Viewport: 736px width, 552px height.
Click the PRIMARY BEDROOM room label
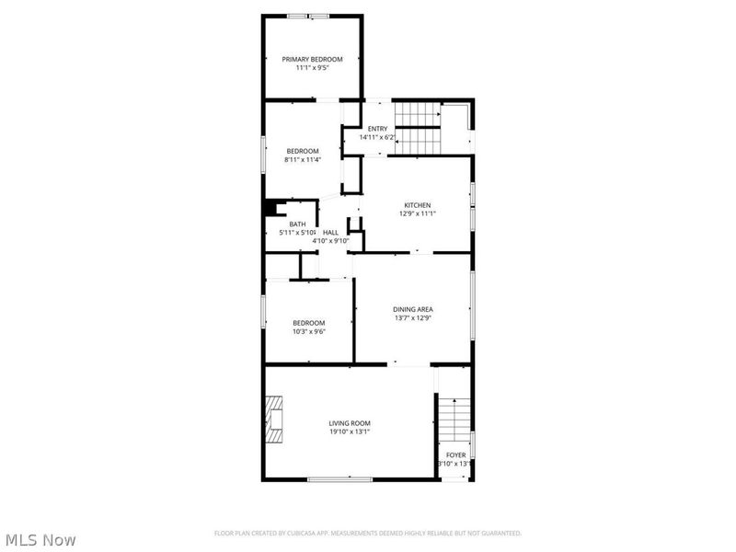click(x=311, y=59)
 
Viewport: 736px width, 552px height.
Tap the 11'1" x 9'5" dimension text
click(x=311, y=67)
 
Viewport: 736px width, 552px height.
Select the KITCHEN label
click(x=417, y=205)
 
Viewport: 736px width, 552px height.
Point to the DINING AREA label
click(x=412, y=309)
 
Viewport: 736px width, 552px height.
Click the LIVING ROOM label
click(x=350, y=423)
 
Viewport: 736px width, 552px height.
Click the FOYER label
click(x=456, y=455)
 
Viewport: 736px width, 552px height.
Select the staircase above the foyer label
click(x=453, y=420)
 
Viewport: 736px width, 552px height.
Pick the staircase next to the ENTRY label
click(x=419, y=128)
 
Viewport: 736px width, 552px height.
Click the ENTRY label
click(x=377, y=129)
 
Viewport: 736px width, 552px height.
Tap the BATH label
click(x=297, y=224)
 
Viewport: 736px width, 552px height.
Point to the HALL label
click(x=329, y=233)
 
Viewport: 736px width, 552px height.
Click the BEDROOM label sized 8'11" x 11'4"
click(x=302, y=151)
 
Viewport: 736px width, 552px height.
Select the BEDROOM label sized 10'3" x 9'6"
click(x=309, y=322)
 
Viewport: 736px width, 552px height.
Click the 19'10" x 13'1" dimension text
click(x=350, y=431)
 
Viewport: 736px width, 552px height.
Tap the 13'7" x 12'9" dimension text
click(x=412, y=317)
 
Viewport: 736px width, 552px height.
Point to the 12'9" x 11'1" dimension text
click(x=417, y=213)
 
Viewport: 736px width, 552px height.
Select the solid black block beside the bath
click(x=271, y=208)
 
